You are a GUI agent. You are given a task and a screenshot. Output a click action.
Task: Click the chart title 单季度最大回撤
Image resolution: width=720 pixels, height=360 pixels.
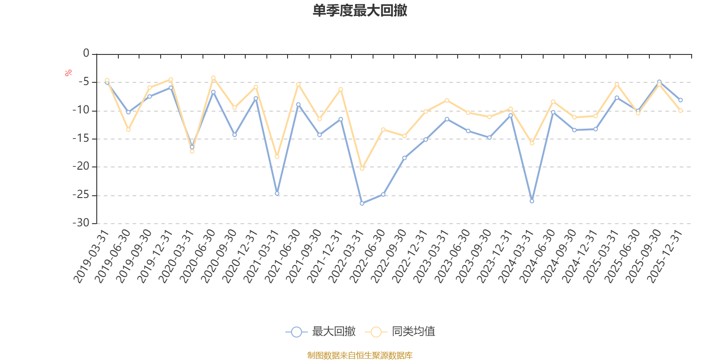[x=360, y=11]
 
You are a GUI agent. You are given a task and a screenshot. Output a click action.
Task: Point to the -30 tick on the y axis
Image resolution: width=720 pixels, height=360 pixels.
[x=81, y=223]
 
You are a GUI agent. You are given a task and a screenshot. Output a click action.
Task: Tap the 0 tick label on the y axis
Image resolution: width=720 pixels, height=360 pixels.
[x=86, y=54]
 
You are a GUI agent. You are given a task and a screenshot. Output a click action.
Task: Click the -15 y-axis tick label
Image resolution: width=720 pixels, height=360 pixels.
[x=81, y=139]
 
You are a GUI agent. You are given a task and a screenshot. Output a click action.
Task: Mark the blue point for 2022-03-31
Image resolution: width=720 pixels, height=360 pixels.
[x=362, y=203]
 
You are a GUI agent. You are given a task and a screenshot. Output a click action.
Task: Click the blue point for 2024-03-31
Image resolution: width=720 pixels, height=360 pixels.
[x=532, y=201]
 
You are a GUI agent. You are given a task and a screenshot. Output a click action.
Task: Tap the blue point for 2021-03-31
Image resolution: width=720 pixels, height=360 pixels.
[x=277, y=193]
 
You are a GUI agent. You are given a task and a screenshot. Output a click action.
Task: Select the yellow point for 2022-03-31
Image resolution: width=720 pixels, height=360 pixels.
[x=362, y=168]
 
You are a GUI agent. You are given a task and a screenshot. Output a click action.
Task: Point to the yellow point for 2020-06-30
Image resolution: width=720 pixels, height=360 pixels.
[x=213, y=78]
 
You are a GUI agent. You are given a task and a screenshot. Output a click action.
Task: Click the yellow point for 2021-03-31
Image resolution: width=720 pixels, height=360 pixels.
[x=277, y=157]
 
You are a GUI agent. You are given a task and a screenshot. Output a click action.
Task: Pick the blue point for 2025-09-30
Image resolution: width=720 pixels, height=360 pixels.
[x=659, y=82]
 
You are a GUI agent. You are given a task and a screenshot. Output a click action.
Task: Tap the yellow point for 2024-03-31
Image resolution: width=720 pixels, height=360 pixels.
[x=532, y=143]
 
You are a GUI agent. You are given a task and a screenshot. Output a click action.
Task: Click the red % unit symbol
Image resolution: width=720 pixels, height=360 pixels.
[x=68, y=73]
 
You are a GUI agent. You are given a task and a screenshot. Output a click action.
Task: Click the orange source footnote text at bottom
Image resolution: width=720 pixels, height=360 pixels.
[x=360, y=355]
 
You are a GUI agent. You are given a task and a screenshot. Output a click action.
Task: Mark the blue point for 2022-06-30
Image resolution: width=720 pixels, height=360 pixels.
[x=383, y=194]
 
